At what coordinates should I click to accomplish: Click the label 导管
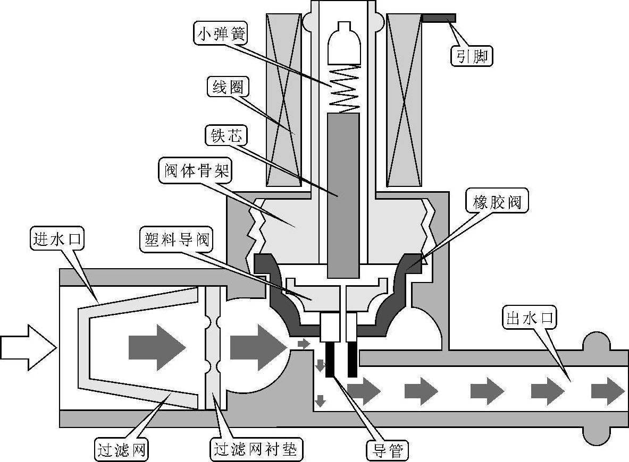point(387,451)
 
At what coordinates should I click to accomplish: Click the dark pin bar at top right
point(439,18)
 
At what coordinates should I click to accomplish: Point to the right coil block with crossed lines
point(405,100)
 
